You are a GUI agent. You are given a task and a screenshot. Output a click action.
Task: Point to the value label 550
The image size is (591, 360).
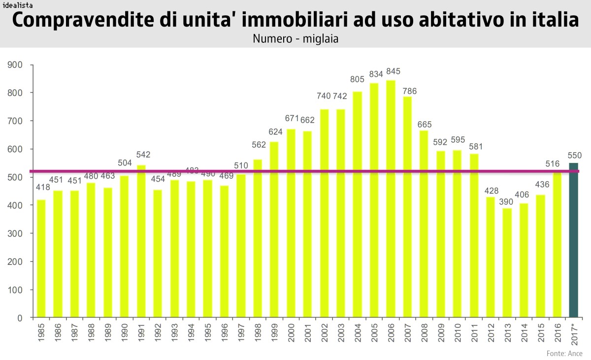tap(575, 155)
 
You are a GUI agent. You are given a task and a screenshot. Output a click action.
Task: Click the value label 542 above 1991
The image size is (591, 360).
tap(143, 155)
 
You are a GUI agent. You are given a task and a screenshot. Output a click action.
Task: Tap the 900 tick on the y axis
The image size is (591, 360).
tap(15, 65)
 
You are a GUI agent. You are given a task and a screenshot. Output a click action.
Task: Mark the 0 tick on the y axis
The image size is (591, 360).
tap(20, 318)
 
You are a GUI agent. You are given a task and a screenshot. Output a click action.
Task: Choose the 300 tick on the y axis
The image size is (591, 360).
tap(15, 233)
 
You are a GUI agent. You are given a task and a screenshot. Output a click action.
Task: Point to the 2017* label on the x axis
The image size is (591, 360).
tap(574, 336)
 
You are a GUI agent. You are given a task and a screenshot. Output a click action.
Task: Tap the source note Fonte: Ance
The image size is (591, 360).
tap(564, 353)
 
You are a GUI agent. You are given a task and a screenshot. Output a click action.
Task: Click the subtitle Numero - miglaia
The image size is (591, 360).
tap(295, 38)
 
